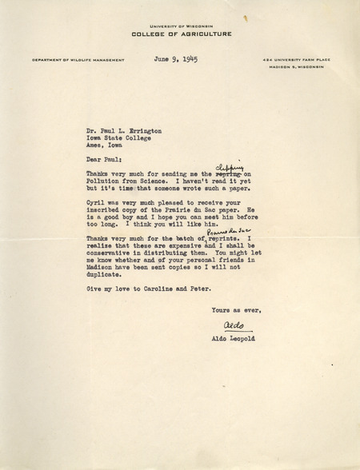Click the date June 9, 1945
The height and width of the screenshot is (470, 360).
174,59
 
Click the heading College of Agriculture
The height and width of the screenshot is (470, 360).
182,34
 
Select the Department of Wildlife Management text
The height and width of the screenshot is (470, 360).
78,61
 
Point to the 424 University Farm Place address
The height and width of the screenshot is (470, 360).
290,61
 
